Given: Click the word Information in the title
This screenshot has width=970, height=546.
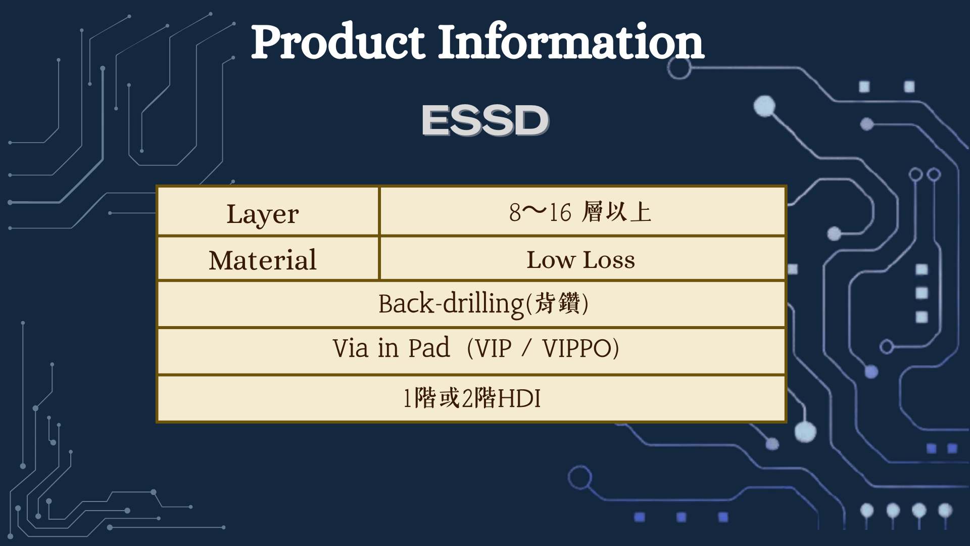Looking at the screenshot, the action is point(571,41).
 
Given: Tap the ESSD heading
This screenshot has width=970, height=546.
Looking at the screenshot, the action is point(485,120).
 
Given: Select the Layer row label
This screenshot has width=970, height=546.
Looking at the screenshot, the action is point(263,214).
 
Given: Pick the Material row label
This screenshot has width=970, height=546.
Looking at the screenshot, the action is point(263,260).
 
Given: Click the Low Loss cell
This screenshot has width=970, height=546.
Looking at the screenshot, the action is point(581,260).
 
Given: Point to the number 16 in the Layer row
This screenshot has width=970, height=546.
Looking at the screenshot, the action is point(560,212).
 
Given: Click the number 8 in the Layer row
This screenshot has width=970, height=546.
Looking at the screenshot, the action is point(515,212).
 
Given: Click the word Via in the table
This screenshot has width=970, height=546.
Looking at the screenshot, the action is point(350,348).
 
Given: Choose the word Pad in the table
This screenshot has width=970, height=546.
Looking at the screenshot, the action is point(429,348).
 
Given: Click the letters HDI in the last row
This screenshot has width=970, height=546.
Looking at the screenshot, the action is point(519,398).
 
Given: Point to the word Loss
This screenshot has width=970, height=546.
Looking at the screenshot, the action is point(609,260).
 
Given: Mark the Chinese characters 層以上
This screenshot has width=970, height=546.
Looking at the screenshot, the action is point(616,212).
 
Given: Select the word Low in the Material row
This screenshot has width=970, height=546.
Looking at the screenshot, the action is point(551,260).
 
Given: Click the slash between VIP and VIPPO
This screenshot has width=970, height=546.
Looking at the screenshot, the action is point(527,348).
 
